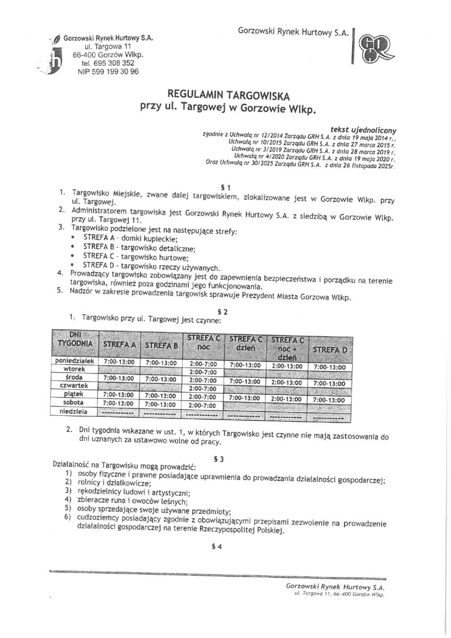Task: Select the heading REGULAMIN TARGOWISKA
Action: (229, 96)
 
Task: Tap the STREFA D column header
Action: (330, 350)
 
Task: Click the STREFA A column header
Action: (120, 345)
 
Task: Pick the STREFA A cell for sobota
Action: (119, 404)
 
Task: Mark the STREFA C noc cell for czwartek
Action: (203, 389)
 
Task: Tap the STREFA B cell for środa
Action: (161, 379)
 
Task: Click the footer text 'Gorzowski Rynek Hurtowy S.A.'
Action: (335, 586)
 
